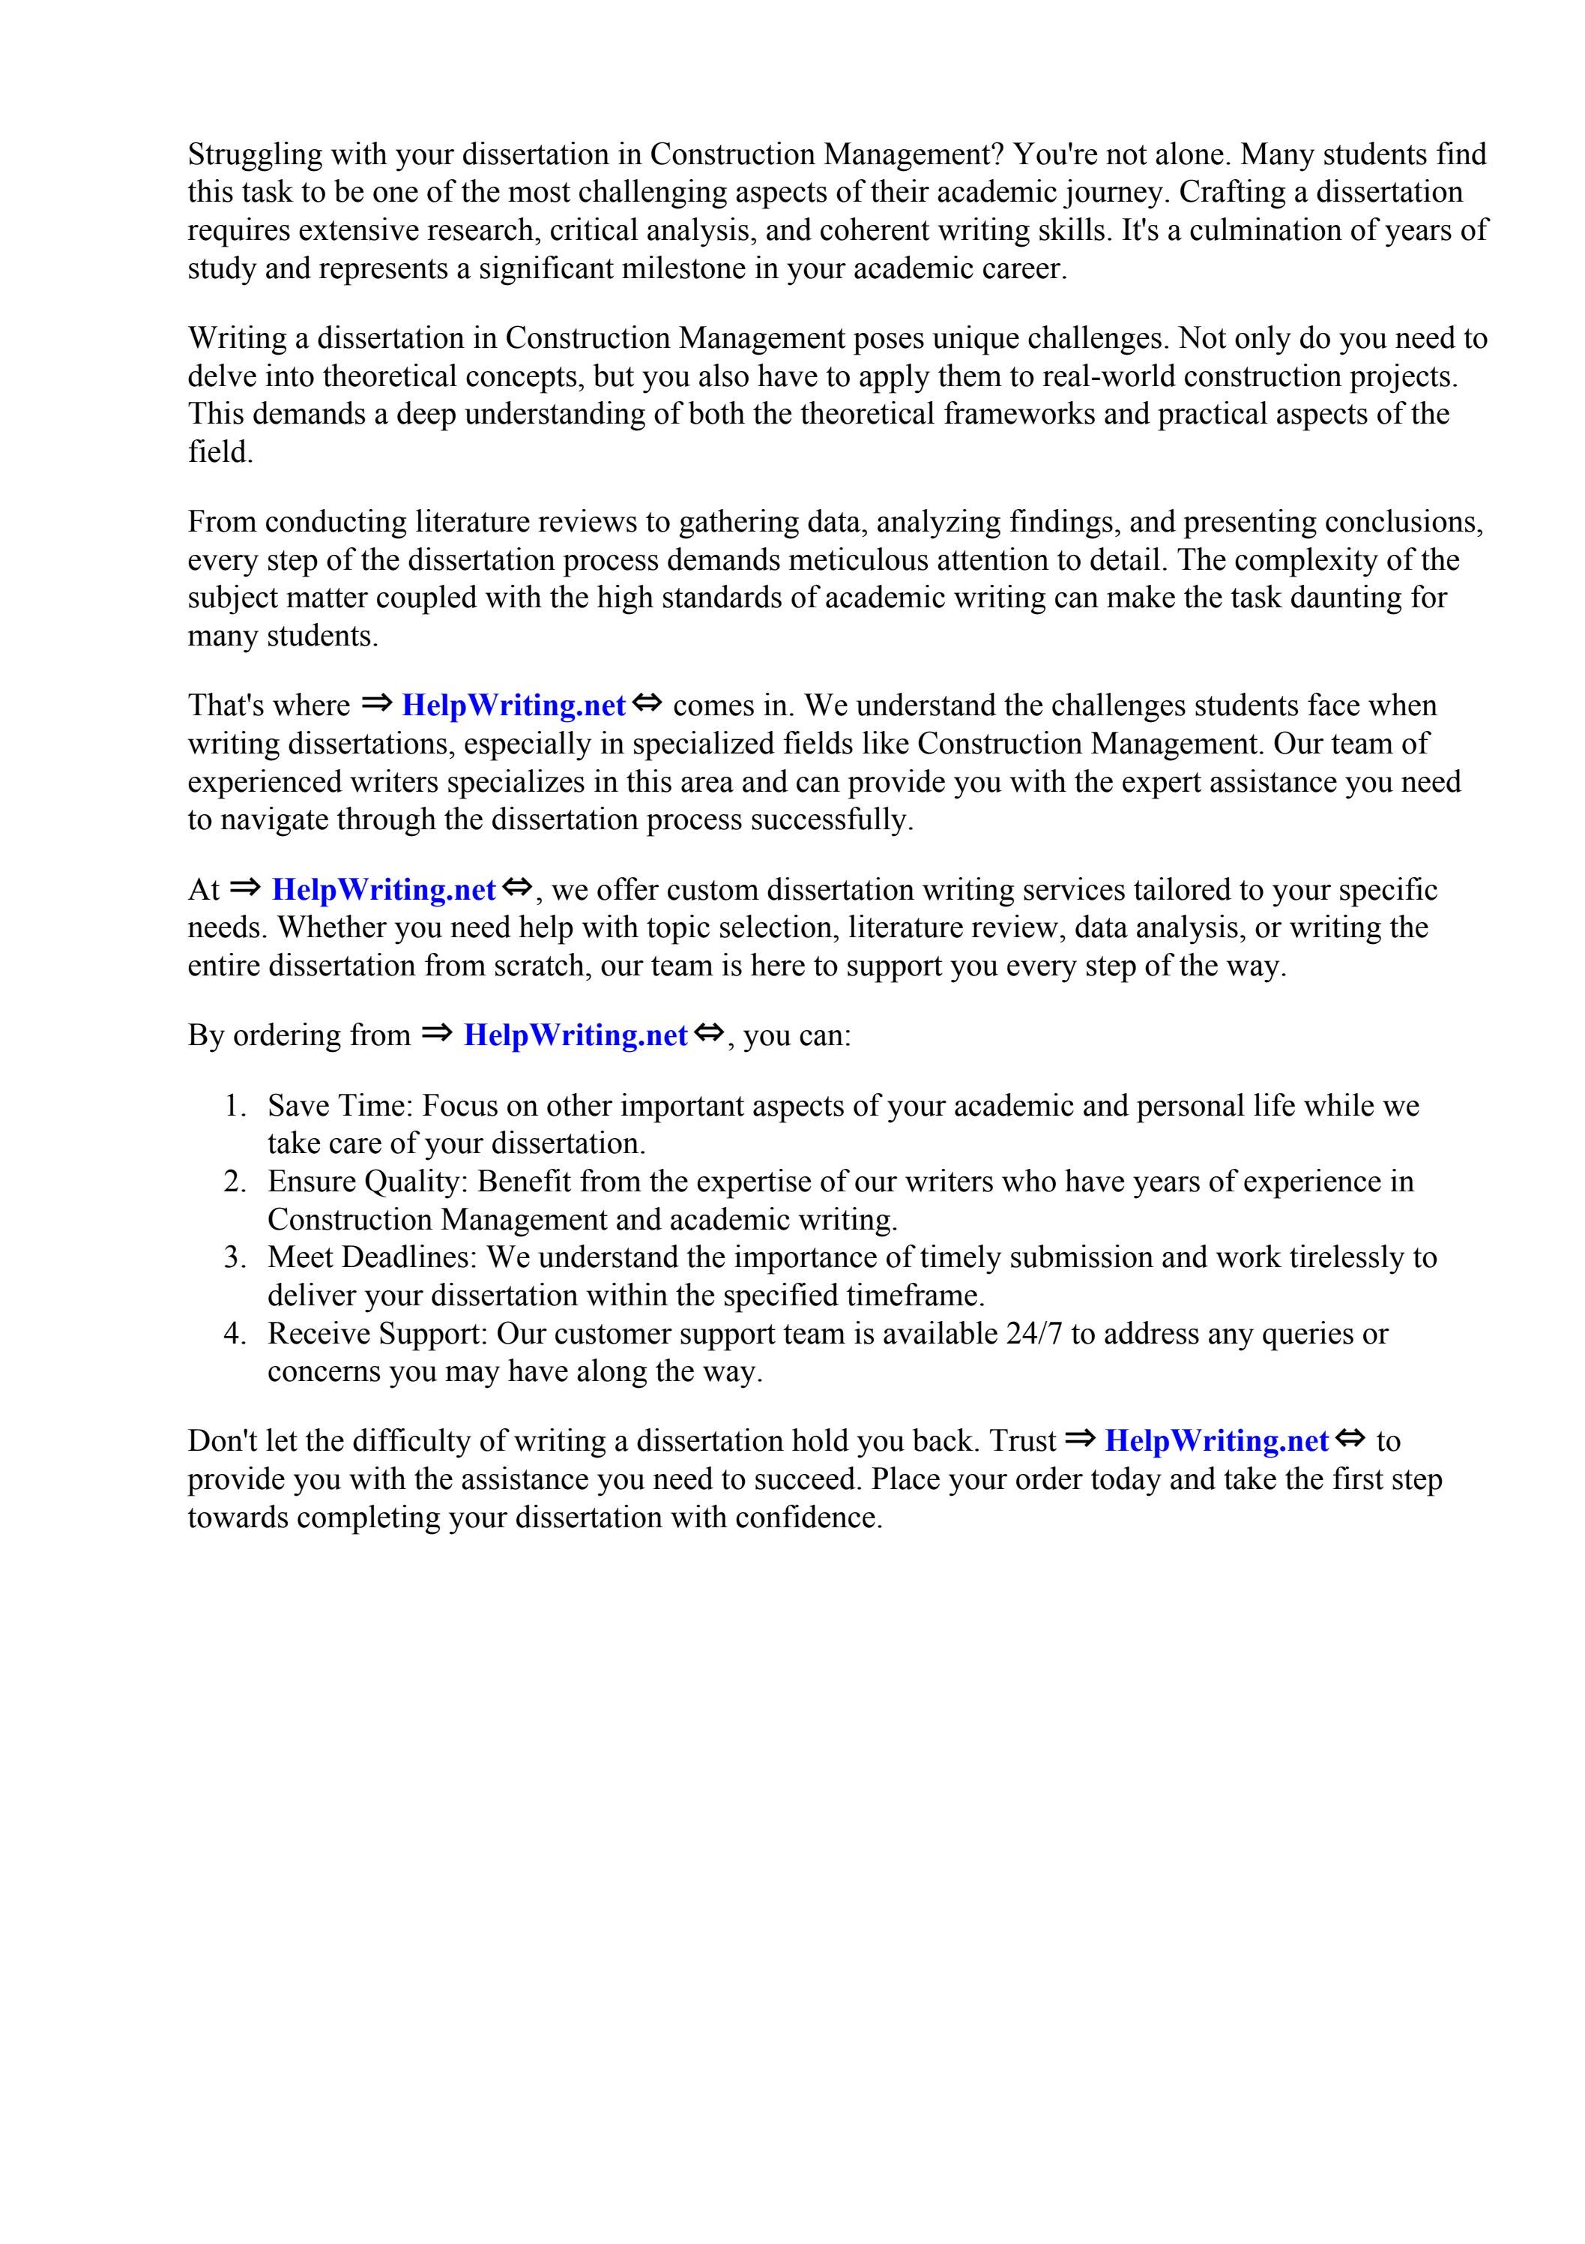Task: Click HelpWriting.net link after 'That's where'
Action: coord(513,705)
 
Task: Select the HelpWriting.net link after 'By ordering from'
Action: coord(576,1035)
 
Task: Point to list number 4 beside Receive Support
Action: coord(234,1333)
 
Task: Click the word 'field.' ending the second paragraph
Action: coord(220,453)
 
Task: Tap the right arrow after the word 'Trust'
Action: coord(1080,1438)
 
